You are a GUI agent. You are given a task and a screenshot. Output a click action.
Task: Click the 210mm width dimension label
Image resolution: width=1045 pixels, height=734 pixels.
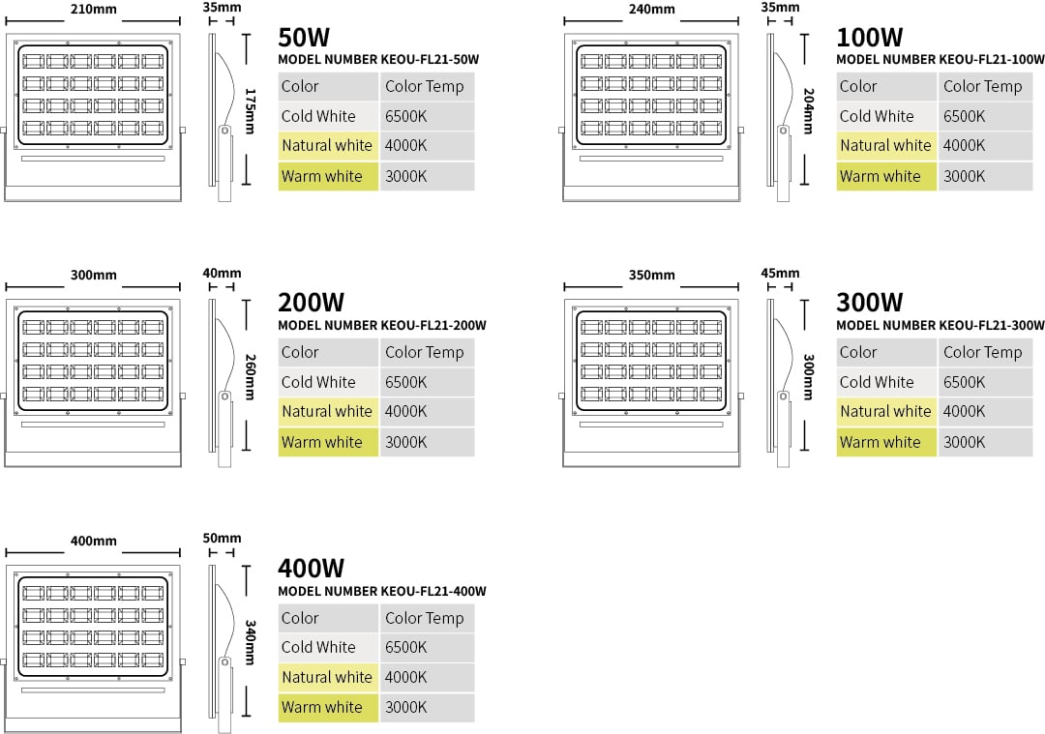click(x=93, y=10)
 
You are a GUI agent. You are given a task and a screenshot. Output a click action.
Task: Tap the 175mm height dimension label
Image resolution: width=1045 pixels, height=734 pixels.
click(x=250, y=110)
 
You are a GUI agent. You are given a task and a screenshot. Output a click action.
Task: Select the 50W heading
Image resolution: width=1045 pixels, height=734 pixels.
click(x=304, y=38)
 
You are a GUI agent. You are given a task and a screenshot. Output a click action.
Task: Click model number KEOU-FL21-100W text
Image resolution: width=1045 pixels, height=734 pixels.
click(x=940, y=59)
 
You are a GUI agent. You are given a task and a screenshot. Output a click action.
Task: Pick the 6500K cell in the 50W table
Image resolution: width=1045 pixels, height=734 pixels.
click(x=405, y=116)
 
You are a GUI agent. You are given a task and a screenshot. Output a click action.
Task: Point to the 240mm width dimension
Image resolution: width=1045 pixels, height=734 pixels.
click(x=652, y=10)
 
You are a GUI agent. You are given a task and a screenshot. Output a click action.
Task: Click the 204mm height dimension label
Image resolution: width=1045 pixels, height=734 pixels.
click(x=808, y=110)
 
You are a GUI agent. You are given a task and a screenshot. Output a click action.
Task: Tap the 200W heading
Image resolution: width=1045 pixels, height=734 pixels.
click(x=312, y=303)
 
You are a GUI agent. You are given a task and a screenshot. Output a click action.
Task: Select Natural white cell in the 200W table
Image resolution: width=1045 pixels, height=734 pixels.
click(x=327, y=412)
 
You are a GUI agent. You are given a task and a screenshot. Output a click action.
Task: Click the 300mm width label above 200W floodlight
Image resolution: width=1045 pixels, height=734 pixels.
click(x=93, y=275)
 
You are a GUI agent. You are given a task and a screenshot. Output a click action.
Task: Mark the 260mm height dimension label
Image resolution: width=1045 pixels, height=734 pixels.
click(x=250, y=376)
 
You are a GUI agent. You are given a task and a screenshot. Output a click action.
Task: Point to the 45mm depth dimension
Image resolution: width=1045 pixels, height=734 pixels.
click(x=780, y=273)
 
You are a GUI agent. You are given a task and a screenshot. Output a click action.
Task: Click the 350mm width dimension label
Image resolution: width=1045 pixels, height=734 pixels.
click(x=652, y=275)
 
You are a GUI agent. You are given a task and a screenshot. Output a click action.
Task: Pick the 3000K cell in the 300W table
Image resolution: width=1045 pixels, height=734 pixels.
click(x=965, y=442)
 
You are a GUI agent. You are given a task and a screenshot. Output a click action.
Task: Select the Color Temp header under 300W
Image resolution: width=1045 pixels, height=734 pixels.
click(x=982, y=352)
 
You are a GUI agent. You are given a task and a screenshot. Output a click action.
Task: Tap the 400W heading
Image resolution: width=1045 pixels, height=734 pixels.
click(x=312, y=569)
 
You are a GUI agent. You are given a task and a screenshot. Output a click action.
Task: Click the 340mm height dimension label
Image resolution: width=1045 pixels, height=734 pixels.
click(x=250, y=642)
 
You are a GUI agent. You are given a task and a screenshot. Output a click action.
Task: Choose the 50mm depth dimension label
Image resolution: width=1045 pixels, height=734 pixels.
click(x=222, y=539)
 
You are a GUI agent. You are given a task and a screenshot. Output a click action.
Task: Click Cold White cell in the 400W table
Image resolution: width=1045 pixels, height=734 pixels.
click(x=318, y=647)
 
